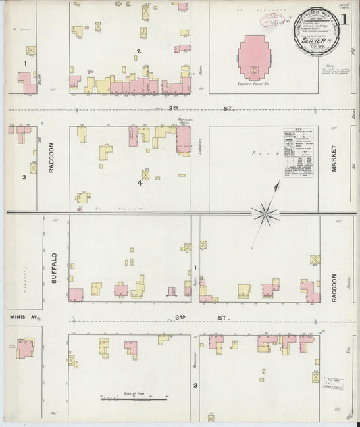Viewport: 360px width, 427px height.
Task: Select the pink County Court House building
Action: point(254,58)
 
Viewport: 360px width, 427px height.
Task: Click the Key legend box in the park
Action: point(298,152)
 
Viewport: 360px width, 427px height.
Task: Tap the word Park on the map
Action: point(260,153)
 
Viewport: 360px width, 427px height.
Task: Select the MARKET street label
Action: point(334,157)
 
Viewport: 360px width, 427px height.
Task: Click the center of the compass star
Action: point(266,215)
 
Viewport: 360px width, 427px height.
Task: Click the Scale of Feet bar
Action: point(134,399)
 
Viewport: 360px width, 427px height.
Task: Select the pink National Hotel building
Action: point(183,140)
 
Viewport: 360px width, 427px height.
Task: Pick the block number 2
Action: point(139,51)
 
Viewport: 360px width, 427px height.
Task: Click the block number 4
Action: point(140,183)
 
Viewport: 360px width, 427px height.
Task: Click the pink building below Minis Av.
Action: point(26,349)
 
